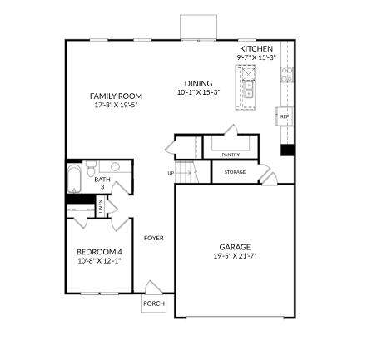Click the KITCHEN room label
256,49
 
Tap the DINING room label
199,83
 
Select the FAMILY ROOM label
116,96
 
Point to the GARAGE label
235,247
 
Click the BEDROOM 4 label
99,252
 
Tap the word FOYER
154,238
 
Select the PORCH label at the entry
154,303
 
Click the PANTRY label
231,155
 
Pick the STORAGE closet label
235,172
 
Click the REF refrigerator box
285,116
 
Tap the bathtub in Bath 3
74,179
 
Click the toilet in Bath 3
90,169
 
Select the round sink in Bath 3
115,167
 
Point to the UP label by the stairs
171,173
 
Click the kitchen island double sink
248,90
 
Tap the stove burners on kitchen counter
287,75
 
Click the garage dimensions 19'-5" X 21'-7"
235,256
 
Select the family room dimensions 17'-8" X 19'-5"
116,105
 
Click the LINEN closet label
101,206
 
